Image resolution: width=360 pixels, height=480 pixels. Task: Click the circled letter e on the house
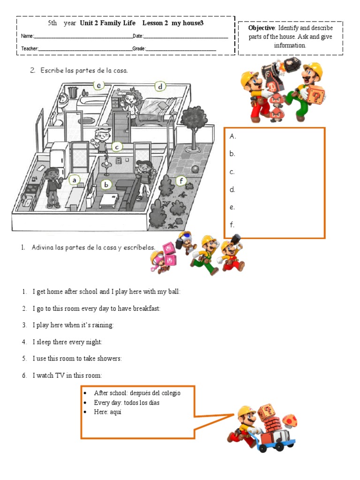point(98,85)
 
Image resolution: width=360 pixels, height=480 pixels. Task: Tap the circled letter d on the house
point(160,87)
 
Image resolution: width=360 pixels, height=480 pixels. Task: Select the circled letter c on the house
point(116,147)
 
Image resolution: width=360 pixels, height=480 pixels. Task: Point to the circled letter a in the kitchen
point(74,180)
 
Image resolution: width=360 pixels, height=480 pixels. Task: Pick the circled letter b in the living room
point(106,185)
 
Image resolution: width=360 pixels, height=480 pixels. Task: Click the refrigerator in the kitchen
point(60,154)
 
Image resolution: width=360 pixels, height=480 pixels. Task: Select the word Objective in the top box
point(261,28)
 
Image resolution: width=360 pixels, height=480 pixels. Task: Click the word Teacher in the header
point(30,48)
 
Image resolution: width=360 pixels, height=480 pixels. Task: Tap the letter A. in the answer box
point(233,136)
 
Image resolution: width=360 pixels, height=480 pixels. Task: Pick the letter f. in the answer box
point(232,225)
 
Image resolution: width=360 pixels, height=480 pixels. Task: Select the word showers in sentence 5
point(109,359)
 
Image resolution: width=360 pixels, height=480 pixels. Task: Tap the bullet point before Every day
point(85,403)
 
